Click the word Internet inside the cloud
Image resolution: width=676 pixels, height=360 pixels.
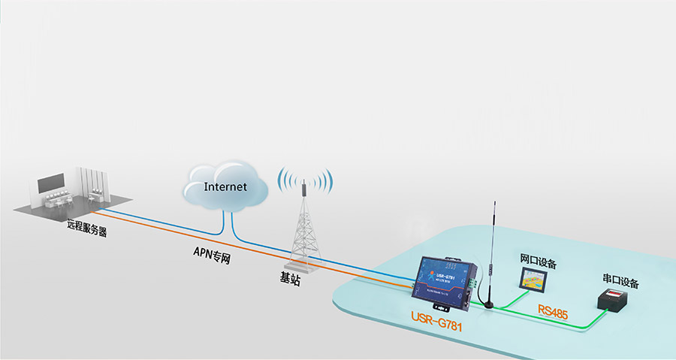coord(225,186)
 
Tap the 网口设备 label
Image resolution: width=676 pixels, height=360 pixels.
coord(538,262)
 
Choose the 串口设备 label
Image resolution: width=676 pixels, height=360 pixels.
coord(620,283)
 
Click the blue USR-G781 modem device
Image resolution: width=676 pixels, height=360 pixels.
coord(444,278)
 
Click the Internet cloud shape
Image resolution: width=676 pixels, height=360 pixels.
coord(225,184)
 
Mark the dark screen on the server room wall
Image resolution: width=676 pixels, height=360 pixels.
coord(52,182)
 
